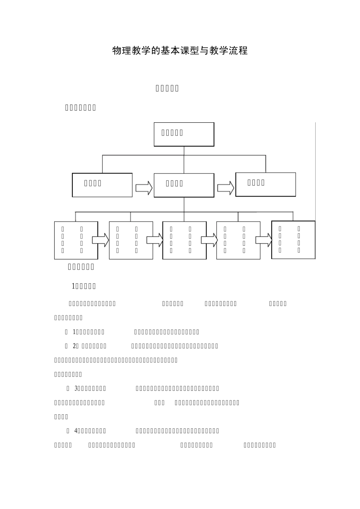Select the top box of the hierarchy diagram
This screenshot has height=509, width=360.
184,134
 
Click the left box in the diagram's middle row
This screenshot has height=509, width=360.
102,185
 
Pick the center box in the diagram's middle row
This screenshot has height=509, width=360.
184,185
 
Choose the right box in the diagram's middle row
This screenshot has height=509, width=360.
265,184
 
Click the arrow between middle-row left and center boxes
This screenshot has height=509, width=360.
144,187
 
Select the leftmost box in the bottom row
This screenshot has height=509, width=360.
76,240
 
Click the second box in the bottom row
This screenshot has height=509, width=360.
131,240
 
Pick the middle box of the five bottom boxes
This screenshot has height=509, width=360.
185,240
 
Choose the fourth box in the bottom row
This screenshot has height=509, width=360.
238,240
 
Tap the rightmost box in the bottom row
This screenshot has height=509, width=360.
293,240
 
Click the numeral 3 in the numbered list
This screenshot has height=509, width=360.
76,389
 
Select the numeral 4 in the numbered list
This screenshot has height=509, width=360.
76,431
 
